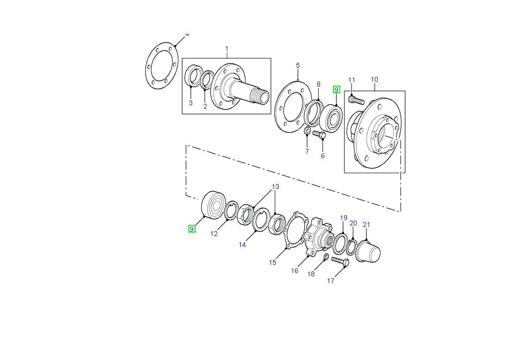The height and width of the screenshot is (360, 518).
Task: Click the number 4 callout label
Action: pyautogui.click(x=187, y=35)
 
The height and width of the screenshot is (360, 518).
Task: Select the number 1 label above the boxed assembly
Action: pyautogui.click(x=227, y=49)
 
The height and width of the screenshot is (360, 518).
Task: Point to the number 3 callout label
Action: pyautogui.click(x=190, y=103)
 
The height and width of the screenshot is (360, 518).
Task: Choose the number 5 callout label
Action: pyautogui.click(x=298, y=65)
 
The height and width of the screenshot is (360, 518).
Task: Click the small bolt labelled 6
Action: pyautogui.click(x=320, y=135)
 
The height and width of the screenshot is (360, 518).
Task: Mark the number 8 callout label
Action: pyautogui.click(x=318, y=85)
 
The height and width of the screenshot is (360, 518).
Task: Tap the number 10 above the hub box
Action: pyautogui.click(x=374, y=79)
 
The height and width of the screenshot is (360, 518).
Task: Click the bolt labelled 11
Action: pyautogui.click(x=356, y=100)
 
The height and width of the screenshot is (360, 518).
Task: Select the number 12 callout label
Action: pyautogui.click(x=214, y=234)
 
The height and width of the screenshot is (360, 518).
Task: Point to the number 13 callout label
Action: pyautogui.click(x=275, y=186)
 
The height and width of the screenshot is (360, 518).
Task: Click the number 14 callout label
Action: pyautogui.click(x=242, y=245)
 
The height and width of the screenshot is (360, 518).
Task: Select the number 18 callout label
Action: pyautogui.click(x=311, y=274)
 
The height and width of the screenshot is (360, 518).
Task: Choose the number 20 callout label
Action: pyautogui.click(x=353, y=223)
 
